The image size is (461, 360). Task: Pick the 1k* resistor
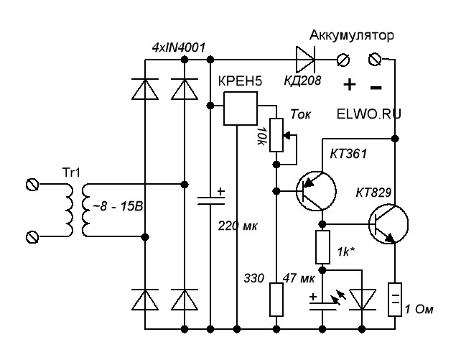pos(322,246)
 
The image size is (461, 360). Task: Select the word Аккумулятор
pos(352,36)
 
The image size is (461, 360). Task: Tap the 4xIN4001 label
pos(180,48)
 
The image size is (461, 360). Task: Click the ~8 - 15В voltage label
pos(116,207)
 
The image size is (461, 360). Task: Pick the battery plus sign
pos(350,84)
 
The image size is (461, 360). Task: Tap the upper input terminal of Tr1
pos(32,185)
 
